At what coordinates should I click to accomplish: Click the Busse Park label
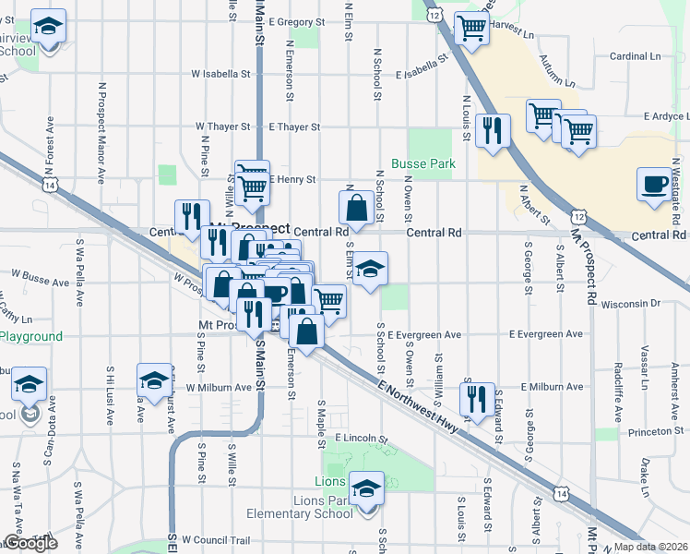coord(423,163)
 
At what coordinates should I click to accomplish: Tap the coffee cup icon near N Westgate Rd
coord(655,182)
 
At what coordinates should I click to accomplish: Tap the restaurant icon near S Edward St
coord(476,398)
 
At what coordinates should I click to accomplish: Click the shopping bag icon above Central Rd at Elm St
coord(356,206)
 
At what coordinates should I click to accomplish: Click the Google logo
coord(30,543)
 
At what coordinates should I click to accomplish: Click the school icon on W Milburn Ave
coord(154,379)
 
